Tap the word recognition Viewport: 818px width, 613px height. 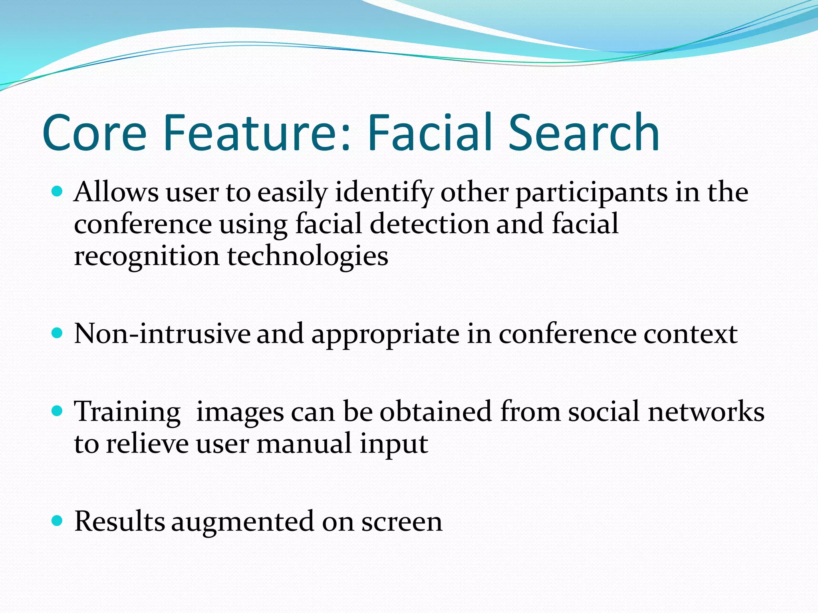click(x=147, y=256)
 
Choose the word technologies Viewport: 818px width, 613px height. click(x=308, y=256)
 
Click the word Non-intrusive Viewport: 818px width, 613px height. click(x=162, y=334)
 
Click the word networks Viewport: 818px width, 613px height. click(x=706, y=411)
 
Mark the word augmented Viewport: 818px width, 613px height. click(x=243, y=522)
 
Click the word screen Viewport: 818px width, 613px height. click(x=402, y=522)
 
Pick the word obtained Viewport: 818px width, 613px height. click(x=435, y=411)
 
